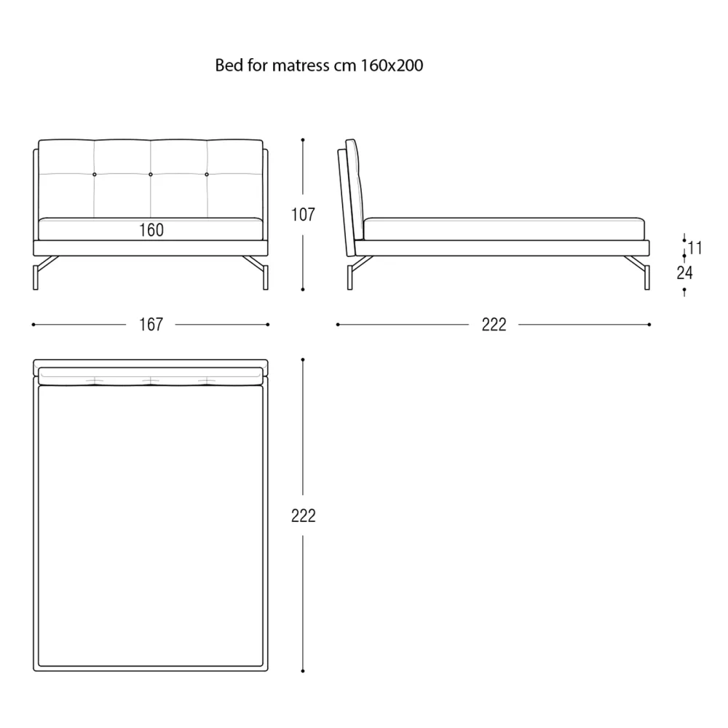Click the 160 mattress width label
click(151, 230)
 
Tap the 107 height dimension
click(303, 215)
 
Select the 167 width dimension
click(151, 324)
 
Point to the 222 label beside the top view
click(303, 515)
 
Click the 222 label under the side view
click(494, 324)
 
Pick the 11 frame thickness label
click(695, 248)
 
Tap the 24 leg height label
click(684, 272)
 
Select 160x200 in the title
click(392, 65)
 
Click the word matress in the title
click(301, 66)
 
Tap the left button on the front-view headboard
click(94, 175)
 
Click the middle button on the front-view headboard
click(151, 175)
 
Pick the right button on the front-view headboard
click(207, 175)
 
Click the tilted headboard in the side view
click(351, 197)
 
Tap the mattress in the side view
click(504, 229)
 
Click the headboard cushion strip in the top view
click(151, 376)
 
